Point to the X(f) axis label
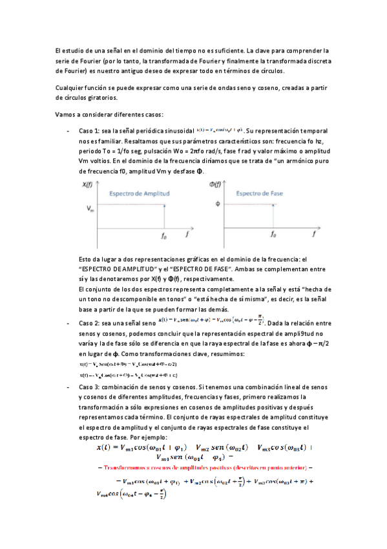(89, 186)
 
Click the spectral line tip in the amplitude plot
(164, 206)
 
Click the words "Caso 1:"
(90, 129)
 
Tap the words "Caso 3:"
(90, 387)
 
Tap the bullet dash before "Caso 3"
(68, 387)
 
